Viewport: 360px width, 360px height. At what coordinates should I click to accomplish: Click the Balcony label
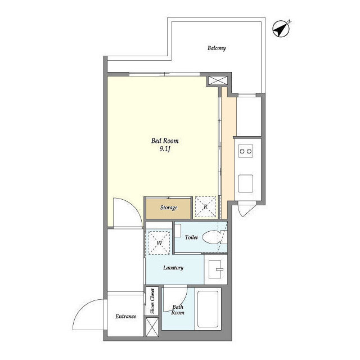217,48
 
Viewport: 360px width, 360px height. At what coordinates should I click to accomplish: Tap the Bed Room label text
165,141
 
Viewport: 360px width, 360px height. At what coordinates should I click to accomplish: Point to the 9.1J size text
165,149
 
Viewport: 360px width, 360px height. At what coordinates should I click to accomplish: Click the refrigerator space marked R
205,206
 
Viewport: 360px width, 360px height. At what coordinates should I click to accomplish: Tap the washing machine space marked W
159,242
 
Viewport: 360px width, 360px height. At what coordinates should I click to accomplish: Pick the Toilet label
191,237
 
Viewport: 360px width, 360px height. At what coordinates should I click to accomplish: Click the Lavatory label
173,268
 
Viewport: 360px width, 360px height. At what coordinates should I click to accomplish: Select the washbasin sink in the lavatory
216,269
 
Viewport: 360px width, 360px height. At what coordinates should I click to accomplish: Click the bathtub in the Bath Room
208,309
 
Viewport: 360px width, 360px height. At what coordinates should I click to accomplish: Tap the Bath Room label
178,310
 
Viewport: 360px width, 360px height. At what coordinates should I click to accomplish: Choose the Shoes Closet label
152,301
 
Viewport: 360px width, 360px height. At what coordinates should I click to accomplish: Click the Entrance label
125,316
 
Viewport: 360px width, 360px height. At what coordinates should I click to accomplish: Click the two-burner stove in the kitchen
246,151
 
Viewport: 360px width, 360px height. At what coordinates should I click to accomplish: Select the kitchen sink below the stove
246,184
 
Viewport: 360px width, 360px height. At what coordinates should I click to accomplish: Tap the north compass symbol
281,29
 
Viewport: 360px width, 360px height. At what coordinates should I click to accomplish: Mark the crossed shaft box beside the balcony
218,80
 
